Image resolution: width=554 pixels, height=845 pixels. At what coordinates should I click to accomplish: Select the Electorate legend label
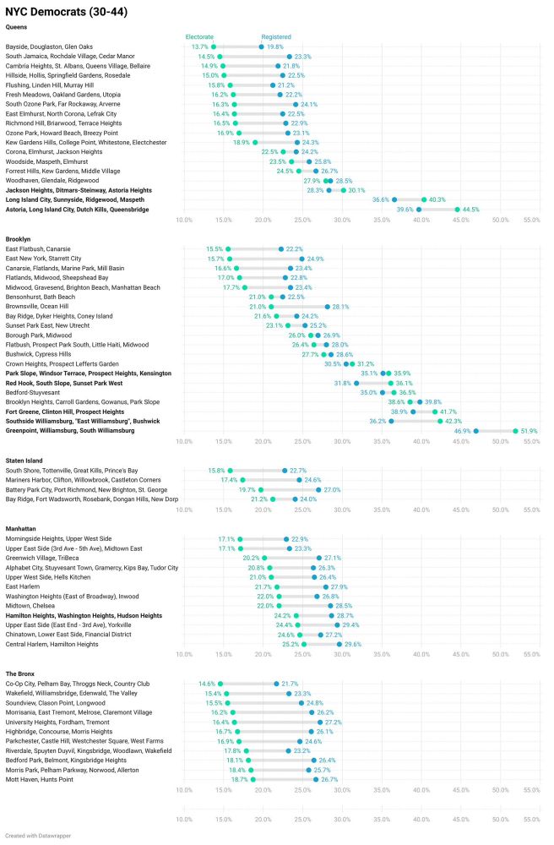pyautogui.click(x=200, y=36)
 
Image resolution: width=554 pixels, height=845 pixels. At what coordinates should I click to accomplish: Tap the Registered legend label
pyautogui.click(x=276, y=36)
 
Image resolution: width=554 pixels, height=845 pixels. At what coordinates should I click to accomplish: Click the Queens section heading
pyautogui.click(x=17, y=27)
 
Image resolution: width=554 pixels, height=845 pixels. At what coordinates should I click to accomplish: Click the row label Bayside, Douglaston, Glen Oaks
pyautogui.click(x=49, y=46)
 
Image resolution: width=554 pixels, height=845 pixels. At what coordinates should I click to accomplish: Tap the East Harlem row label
pyautogui.click(x=24, y=586)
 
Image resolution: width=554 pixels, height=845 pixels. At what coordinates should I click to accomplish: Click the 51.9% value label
pyautogui.click(x=528, y=430)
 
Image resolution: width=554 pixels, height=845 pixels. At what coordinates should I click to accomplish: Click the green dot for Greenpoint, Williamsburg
pyautogui.click(x=515, y=430)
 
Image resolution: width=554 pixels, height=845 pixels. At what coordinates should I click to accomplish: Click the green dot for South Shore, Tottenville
pyautogui.click(x=230, y=470)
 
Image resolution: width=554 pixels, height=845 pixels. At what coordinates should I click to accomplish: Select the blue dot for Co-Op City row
pyautogui.click(x=276, y=683)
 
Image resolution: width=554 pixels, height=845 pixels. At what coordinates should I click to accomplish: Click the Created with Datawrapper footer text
pyautogui.click(x=41, y=834)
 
